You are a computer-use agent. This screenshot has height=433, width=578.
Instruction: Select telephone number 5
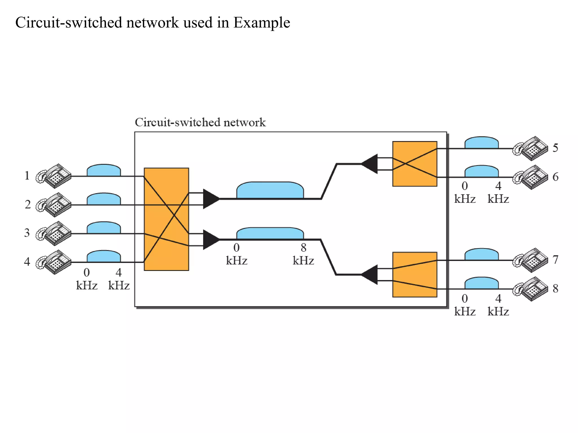[x=531, y=149]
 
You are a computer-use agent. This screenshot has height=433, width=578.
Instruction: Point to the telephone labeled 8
[x=531, y=289]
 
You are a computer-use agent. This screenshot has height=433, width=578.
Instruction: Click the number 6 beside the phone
[x=555, y=177]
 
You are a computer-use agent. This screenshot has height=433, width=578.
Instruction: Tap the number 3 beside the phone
[x=27, y=233]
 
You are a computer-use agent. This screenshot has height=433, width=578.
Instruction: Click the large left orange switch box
[x=166, y=219]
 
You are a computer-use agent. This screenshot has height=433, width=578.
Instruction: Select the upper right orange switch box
[x=415, y=164]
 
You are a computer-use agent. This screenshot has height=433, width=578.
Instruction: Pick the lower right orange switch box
[x=415, y=275]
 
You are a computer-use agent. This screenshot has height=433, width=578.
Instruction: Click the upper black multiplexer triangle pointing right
[x=210, y=199]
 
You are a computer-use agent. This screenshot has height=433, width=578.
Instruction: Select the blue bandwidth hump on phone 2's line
[x=104, y=199]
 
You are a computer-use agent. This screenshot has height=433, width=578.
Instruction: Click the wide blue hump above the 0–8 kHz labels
[x=270, y=233]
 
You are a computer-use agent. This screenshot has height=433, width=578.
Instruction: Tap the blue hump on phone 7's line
[x=481, y=254]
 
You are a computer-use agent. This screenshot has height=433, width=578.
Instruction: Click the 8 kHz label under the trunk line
[x=303, y=254]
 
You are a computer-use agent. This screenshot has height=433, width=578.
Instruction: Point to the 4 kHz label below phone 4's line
[x=119, y=279]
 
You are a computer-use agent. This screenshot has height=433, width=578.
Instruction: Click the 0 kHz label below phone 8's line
[x=465, y=305]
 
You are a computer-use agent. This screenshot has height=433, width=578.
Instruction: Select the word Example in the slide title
[x=262, y=23]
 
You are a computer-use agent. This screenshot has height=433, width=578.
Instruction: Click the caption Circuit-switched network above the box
[x=200, y=122]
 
